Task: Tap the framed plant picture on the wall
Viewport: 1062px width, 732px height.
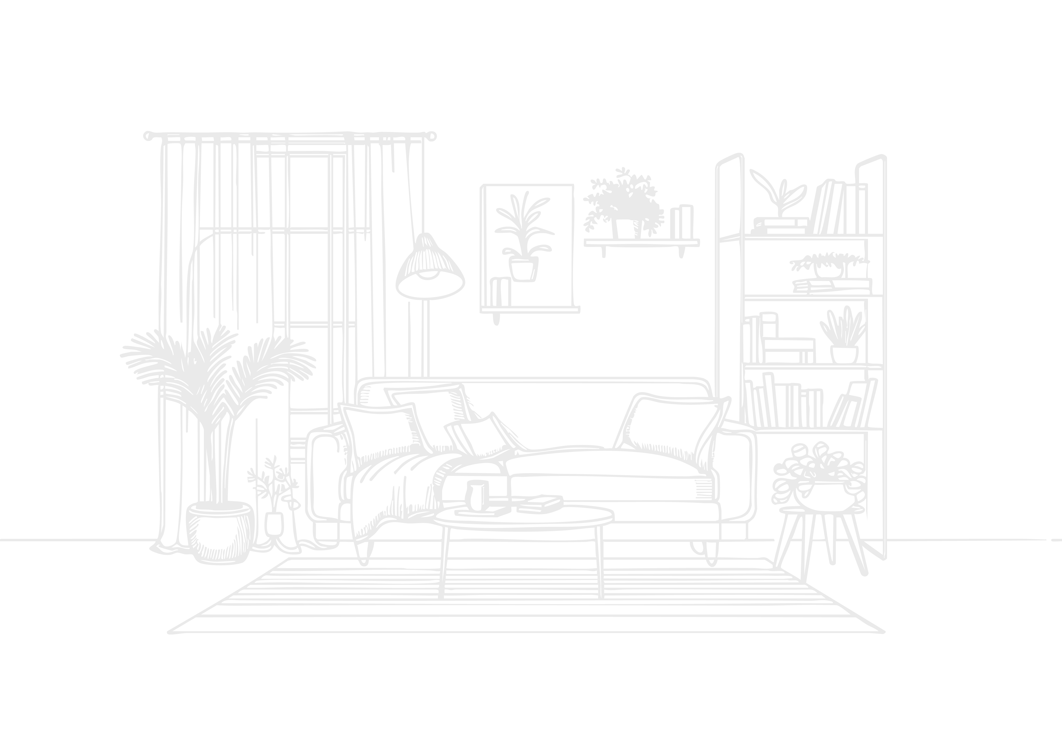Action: (x=527, y=248)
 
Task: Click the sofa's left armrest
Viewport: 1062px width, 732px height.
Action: (x=323, y=477)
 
